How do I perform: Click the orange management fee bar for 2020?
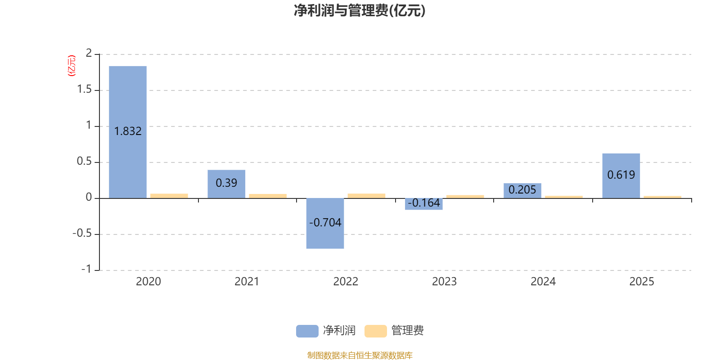click(x=169, y=196)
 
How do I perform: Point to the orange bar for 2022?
click(x=366, y=196)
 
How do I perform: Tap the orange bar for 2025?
click(x=662, y=197)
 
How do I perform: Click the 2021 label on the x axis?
click(x=247, y=282)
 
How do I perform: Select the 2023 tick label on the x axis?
click(x=444, y=282)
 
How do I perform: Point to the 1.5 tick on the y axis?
click(x=84, y=90)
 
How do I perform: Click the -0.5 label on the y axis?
click(x=82, y=234)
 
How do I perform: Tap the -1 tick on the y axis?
click(x=86, y=269)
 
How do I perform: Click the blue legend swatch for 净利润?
click(x=307, y=331)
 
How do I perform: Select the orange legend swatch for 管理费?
click(x=375, y=331)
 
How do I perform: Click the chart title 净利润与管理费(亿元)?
click(x=360, y=11)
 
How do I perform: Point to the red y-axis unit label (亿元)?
click(x=71, y=66)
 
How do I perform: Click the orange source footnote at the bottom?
click(x=360, y=355)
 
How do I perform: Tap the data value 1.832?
click(x=128, y=131)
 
